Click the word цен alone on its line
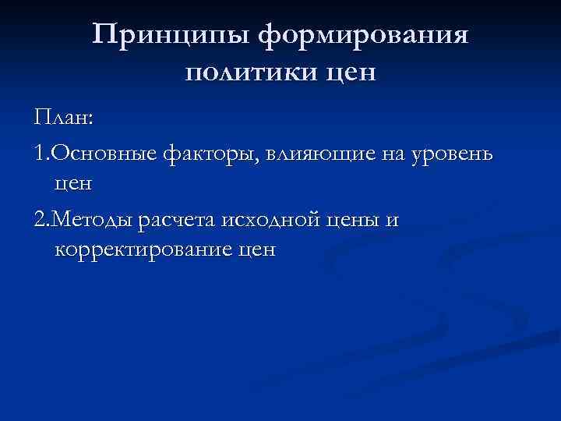point(74,185)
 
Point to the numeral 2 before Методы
point(40,221)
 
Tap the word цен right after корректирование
point(257,251)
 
